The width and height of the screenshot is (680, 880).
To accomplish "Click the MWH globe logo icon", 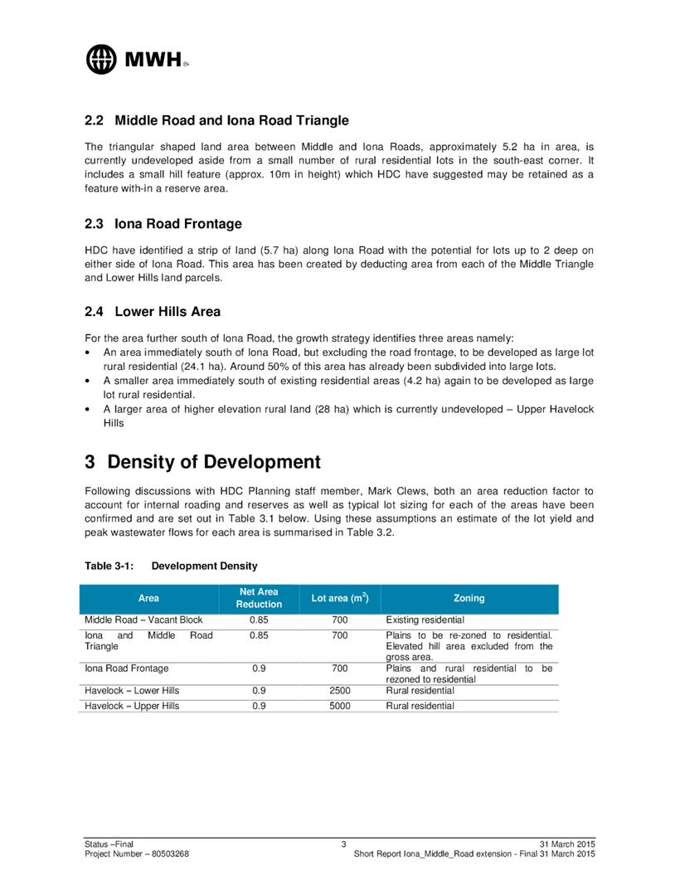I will [x=102, y=58].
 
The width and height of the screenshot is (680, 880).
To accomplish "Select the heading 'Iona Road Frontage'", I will [x=178, y=224].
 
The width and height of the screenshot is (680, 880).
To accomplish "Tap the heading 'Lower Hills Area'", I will [x=168, y=312].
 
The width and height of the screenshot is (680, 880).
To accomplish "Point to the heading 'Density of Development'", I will [x=213, y=461].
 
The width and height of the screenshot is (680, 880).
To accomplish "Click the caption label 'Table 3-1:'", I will [x=109, y=566].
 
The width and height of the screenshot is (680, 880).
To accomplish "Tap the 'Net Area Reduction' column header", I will [x=258, y=598].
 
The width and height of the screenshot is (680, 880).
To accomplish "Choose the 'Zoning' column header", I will [x=469, y=598].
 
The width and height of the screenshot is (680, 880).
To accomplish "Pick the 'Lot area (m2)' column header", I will [x=339, y=598].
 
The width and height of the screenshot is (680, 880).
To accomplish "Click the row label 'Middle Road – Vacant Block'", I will [x=143, y=620].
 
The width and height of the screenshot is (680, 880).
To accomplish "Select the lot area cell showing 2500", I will [x=339, y=690].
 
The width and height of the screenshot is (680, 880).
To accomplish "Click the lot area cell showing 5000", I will [x=339, y=706].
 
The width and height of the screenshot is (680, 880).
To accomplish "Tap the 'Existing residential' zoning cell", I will [x=425, y=620].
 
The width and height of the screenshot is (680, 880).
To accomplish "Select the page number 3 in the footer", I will [x=342, y=844].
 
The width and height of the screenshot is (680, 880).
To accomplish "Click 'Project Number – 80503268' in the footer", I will [x=136, y=853].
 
